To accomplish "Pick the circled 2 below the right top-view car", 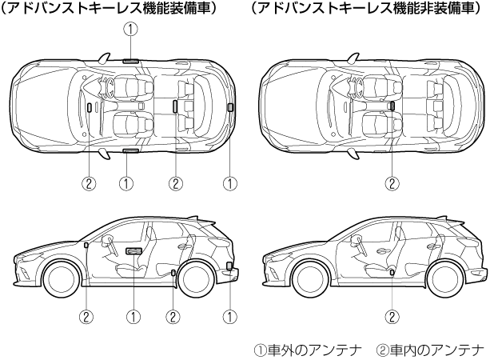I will coord(392,183).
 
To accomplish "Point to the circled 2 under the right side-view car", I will coord(392,316).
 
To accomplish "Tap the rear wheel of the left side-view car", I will coord(197,279).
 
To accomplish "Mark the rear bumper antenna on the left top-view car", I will coord(230,106).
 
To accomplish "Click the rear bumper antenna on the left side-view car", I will coord(230,266).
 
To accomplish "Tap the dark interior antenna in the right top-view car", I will coord(392,105).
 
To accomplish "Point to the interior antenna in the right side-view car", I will coord(392,274).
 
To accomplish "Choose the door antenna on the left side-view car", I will coord(133,251).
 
